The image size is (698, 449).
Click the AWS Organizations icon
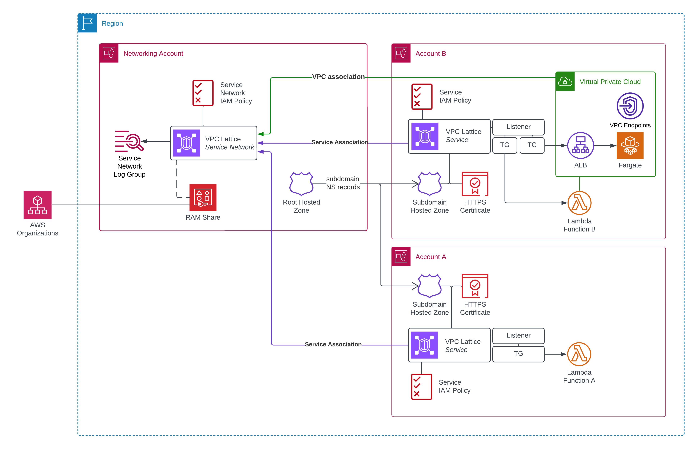tap(38, 205)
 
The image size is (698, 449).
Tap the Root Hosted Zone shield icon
tap(301, 183)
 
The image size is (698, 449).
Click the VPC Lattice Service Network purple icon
tap(186, 143)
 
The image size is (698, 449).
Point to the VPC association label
tap(338, 77)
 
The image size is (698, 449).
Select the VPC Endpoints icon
tap(630, 106)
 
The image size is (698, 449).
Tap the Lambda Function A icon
tap(579, 354)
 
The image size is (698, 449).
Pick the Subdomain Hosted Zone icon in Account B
tap(429, 183)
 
